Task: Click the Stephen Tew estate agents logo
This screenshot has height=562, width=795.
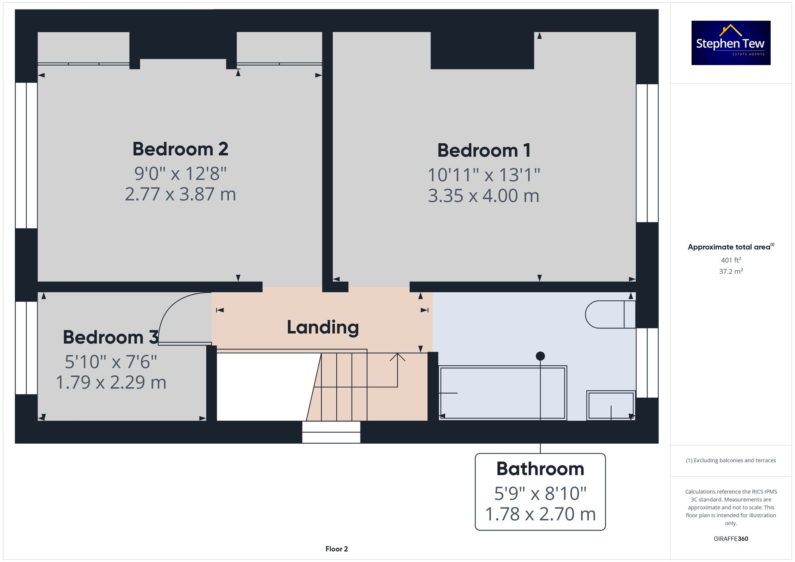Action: coord(731,43)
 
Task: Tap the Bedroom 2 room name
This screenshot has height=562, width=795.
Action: coord(180,149)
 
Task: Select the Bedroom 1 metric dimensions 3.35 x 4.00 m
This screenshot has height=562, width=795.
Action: coord(483,196)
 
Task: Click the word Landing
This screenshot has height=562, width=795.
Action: coord(323,327)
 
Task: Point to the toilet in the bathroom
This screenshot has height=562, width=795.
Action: coord(609,315)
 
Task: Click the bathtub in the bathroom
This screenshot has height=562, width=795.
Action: coord(502,393)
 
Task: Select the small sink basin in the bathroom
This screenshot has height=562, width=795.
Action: coord(611,405)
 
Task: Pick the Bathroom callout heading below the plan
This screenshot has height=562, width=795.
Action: coord(540,469)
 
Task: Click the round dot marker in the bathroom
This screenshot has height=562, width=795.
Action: coord(540,356)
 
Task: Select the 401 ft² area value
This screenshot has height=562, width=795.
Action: coord(731,260)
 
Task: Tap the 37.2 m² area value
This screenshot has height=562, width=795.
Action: coord(731,272)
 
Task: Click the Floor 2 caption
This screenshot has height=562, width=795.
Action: coord(336,549)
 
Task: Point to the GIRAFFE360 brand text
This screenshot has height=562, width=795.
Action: coord(731,539)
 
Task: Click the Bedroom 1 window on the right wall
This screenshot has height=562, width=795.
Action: coord(647,153)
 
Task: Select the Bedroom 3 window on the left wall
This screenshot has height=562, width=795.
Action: coord(26,348)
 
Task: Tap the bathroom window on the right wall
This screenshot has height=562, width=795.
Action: coord(647,363)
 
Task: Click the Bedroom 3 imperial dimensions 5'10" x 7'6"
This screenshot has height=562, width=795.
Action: coord(111,362)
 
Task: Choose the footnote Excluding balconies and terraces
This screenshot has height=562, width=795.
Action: coord(731,460)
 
